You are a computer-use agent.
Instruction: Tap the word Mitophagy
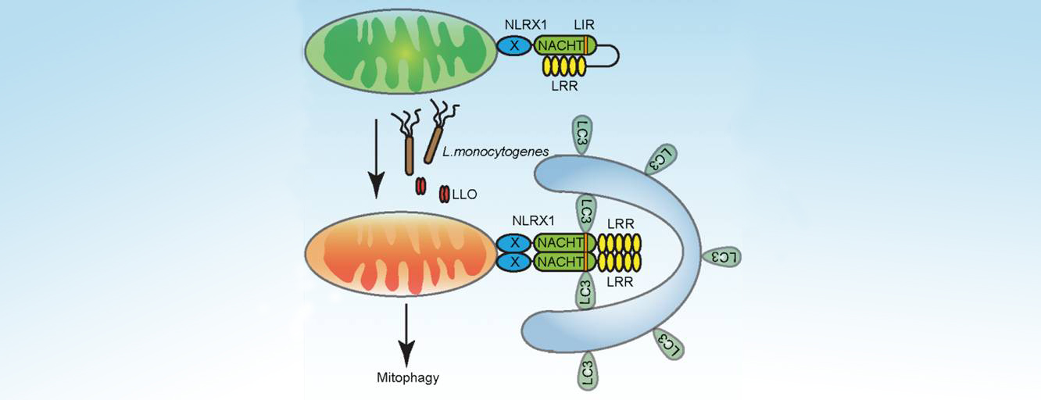click(405, 379)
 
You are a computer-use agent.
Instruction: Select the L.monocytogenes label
click(481, 151)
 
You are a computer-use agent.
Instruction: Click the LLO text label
click(467, 192)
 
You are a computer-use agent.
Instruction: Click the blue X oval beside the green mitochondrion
click(514, 46)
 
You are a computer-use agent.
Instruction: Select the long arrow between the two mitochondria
click(376, 156)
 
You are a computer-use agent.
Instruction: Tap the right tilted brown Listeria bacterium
click(433, 143)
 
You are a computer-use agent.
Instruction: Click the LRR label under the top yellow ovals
click(563, 87)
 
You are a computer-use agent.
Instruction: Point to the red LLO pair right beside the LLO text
click(444, 192)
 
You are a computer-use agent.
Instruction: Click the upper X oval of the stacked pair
click(513, 243)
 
